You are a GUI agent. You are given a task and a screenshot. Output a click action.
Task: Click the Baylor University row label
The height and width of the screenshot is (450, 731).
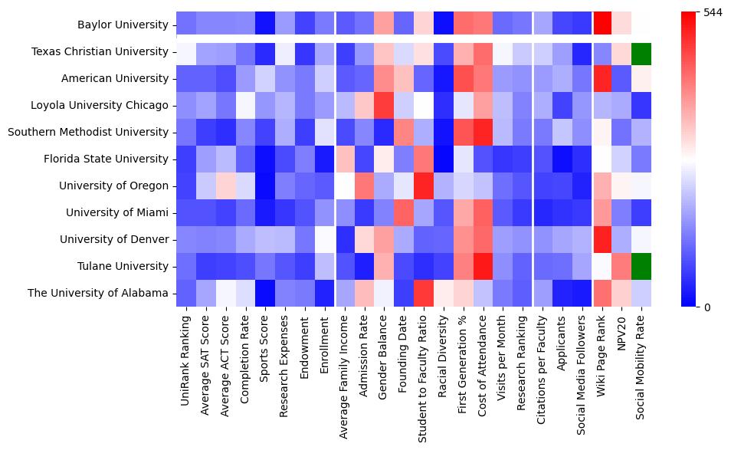click(123, 25)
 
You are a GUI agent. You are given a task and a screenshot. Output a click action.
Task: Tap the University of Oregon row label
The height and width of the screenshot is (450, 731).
click(113, 186)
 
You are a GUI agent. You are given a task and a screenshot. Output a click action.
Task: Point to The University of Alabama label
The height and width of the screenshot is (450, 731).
click(98, 293)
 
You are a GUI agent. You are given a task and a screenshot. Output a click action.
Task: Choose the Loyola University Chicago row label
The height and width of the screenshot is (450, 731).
click(100, 105)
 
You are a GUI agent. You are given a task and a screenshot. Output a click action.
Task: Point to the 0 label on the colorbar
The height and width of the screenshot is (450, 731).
click(706, 307)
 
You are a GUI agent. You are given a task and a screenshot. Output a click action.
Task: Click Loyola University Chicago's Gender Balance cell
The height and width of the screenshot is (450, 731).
click(385, 105)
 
